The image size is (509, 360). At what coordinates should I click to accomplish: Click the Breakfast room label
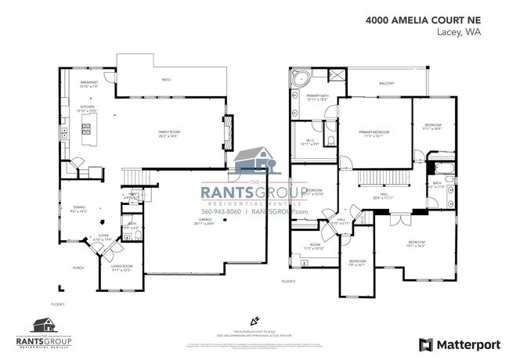tap(88, 84)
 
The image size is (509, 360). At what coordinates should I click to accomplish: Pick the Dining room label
tap(78, 209)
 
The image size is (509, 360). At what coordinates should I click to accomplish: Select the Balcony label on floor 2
tap(388, 83)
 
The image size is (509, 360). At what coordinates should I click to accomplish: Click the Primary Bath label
tap(317, 98)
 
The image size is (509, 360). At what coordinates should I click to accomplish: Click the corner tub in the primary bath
tap(301, 78)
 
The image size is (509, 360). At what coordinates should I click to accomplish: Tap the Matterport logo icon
tap(425, 344)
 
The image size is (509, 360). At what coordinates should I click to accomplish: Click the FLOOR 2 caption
tap(289, 280)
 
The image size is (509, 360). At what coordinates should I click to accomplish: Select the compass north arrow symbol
tap(254, 320)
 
